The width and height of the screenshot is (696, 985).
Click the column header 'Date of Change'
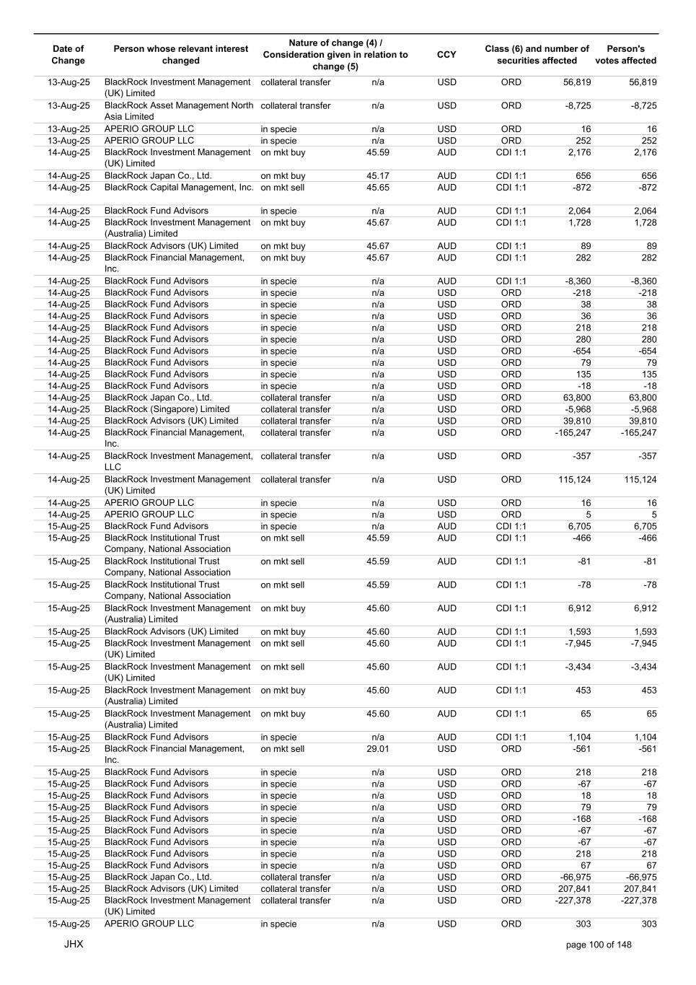coord(69,55)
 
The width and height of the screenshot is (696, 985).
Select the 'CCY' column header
coord(446,55)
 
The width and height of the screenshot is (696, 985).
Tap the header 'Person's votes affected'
coord(625,55)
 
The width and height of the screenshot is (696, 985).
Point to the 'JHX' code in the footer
coord(74,944)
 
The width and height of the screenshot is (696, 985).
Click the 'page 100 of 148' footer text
coord(599,945)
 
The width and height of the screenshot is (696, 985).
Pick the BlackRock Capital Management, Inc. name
coord(179,188)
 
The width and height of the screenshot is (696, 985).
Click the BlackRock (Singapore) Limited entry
coord(167,409)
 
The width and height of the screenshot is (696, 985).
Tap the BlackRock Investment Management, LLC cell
coord(178,461)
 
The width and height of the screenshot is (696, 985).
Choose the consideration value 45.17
coord(377,176)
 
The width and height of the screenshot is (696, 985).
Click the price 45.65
coord(377,188)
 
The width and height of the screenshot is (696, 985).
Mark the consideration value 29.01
coord(377,749)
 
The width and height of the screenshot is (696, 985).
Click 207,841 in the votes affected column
coord(638,889)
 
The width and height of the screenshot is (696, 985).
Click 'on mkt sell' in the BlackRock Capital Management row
coord(283,188)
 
